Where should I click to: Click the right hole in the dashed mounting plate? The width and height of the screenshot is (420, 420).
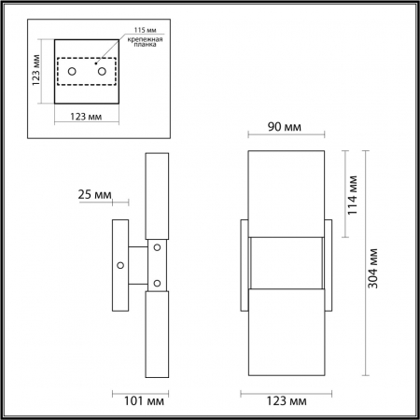[x=99, y=71]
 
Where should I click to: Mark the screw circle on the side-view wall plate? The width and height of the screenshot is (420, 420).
[x=120, y=265]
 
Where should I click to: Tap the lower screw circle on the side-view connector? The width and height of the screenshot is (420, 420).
[x=157, y=283]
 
